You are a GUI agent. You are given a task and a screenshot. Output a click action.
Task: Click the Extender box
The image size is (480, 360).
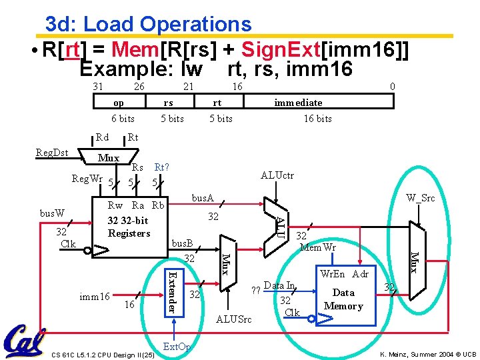(x=172, y=291)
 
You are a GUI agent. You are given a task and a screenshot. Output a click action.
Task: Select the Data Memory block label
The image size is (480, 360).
(x=343, y=299)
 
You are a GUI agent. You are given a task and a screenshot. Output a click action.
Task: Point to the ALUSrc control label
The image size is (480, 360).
(x=234, y=320)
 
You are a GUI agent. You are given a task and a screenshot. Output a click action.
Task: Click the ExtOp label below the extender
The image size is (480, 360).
(x=177, y=347)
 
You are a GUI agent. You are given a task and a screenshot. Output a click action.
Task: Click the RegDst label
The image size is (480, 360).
(x=52, y=153)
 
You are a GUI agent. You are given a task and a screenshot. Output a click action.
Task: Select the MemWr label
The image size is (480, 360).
(x=318, y=248)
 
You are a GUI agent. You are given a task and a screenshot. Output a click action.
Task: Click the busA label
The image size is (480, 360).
(x=203, y=198)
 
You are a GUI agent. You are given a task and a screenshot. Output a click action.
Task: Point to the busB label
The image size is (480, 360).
(x=182, y=244)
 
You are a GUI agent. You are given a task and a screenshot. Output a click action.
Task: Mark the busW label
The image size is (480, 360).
(x=52, y=213)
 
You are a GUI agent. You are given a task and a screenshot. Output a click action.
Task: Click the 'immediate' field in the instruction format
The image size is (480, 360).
(x=298, y=103)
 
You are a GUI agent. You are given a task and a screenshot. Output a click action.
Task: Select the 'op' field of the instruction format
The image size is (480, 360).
(x=118, y=103)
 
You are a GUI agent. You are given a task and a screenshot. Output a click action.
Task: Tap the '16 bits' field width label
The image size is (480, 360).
(x=317, y=119)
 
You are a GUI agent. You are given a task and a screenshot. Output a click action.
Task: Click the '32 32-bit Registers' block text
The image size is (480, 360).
(x=129, y=227)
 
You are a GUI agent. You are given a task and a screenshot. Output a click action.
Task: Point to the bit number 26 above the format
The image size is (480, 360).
(x=139, y=87)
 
